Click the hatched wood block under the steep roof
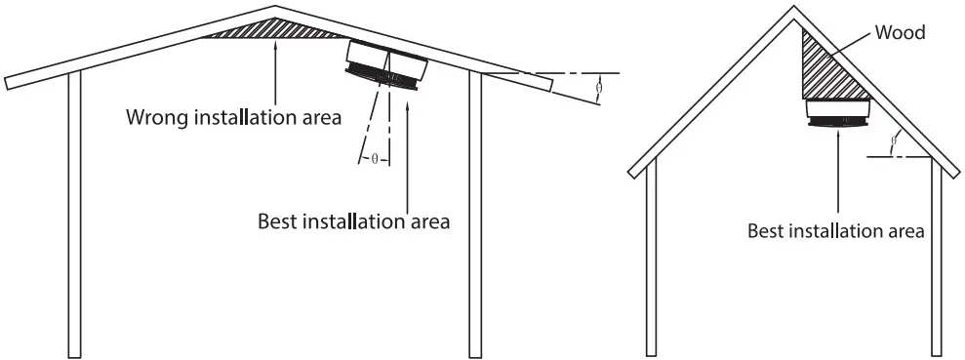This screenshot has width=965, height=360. point(825,74)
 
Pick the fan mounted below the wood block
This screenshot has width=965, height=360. point(838,113)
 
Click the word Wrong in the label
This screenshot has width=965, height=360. point(157,118)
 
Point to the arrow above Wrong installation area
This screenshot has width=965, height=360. point(276,73)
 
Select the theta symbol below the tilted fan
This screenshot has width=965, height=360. point(374,158)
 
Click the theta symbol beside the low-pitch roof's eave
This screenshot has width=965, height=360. point(598,88)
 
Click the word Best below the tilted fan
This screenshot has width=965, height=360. point(278,221)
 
